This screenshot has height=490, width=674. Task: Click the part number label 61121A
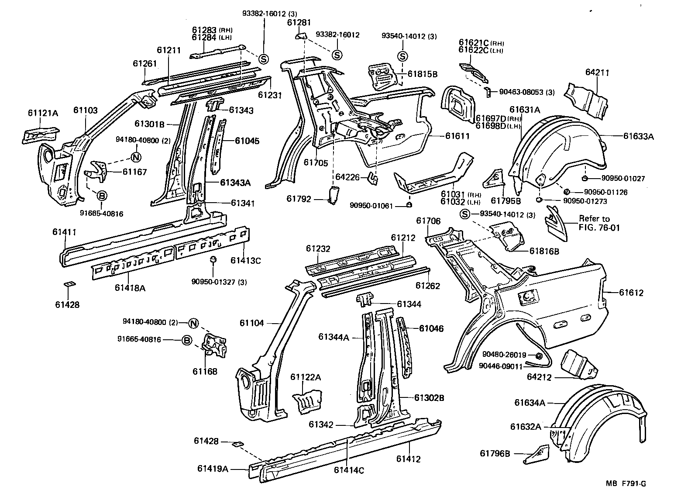(x=42, y=113)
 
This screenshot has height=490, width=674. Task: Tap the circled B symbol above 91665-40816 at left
(x=101, y=196)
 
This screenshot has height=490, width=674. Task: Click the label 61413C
(x=246, y=261)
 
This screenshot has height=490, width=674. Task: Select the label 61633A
(x=638, y=136)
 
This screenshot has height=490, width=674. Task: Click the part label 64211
(x=597, y=72)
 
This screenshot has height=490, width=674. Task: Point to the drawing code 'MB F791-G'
(x=626, y=483)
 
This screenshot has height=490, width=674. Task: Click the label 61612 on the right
(x=631, y=293)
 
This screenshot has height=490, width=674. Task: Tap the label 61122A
(x=306, y=377)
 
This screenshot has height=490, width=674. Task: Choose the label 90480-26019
(x=504, y=355)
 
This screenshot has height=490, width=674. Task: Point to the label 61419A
(x=213, y=469)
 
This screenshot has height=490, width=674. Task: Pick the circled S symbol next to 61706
(x=465, y=214)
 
